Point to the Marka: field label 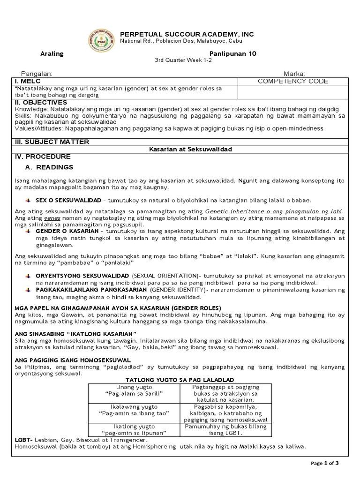(x=294, y=74)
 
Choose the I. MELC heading (x=29, y=81)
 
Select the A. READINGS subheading (x=50, y=167)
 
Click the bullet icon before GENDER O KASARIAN (x=28, y=232)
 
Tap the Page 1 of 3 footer (x=328, y=463)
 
